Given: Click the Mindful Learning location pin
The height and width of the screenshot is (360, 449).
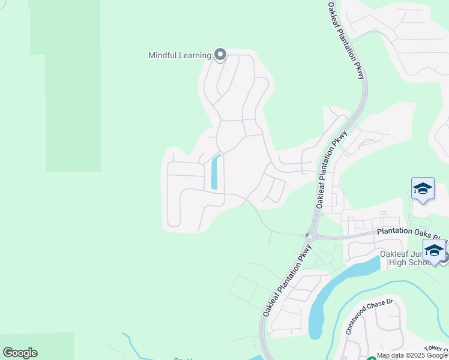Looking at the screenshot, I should (x=220, y=55).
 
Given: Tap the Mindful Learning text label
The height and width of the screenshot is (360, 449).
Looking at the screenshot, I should (x=179, y=56).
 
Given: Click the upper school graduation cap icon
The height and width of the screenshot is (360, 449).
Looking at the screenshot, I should (x=423, y=189).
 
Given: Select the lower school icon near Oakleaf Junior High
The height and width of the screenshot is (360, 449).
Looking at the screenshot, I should (x=433, y=250).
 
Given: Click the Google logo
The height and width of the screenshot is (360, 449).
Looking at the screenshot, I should (x=20, y=353).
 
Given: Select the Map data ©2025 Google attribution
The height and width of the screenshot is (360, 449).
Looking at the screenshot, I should (x=412, y=356).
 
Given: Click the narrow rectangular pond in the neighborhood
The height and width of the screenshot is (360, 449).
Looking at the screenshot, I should (x=215, y=172).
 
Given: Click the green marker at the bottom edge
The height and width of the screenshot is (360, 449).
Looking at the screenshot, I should (x=371, y=358).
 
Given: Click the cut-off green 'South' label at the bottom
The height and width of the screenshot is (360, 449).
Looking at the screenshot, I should (x=182, y=358).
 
